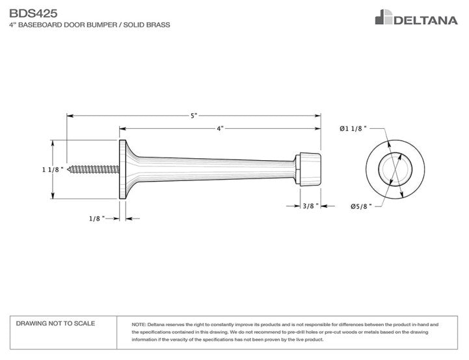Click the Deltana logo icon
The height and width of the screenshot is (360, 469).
pyautogui.click(x=383, y=18)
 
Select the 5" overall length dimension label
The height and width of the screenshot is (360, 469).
pyautogui.click(x=194, y=116)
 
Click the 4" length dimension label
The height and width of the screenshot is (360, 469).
pyautogui.click(x=220, y=129)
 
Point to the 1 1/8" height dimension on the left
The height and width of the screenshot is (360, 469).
pyautogui.click(x=52, y=169)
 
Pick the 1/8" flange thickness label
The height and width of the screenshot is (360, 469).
pyautogui.click(x=96, y=219)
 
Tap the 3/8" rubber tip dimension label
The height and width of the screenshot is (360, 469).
pyautogui.click(x=310, y=206)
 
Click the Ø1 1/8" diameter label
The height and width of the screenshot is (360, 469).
pyautogui.click(x=353, y=129)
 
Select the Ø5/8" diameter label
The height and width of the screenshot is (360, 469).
pyautogui.click(x=360, y=206)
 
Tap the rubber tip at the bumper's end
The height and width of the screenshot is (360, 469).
pyautogui.click(x=308, y=169)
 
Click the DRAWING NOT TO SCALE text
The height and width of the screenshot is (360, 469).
pyautogui.click(x=55, y=324)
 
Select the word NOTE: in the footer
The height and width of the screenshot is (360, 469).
pyautogui.click(x=139, y=324)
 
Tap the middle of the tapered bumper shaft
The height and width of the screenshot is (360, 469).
pyautogui.click(x=215, y=169)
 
